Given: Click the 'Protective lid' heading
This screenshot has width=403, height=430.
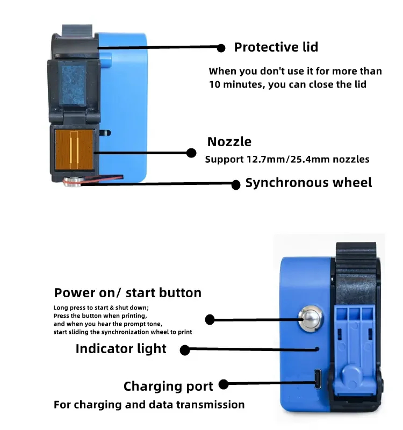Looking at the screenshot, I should pos(276,47).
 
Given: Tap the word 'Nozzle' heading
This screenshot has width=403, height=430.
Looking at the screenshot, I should pos(229,142).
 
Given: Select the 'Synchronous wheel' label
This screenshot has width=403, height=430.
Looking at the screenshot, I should pos(308,183).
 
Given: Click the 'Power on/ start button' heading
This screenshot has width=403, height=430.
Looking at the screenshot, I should pos(128,293).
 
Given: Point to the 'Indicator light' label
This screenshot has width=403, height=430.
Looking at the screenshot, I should pos(121,349).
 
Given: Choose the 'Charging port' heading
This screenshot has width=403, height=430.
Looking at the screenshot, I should pos(168,386).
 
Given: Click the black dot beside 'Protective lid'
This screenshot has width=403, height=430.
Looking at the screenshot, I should pos(221,48).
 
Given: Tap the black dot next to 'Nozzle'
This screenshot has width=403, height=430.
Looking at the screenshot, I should pos(191,153).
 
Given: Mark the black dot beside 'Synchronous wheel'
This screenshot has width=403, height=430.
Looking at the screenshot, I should pos(235,184).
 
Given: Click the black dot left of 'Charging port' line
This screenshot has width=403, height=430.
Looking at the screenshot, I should pos(224,384).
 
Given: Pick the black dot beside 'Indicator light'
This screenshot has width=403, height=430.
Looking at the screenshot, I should pos(185,350).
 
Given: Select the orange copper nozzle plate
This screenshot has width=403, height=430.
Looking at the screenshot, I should pos(75,149).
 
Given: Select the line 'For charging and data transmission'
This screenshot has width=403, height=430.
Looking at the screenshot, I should pos(149,405).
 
